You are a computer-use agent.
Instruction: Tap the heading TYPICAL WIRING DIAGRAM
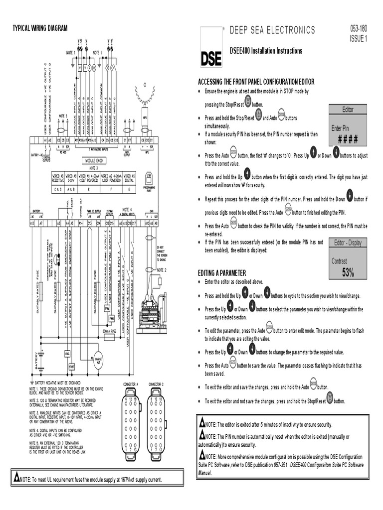40,28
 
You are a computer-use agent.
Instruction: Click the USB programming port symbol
149,177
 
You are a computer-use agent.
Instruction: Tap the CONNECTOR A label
130,384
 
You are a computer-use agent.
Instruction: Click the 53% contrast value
348,272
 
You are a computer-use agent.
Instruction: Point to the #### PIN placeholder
348,138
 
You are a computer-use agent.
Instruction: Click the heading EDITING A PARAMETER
222,273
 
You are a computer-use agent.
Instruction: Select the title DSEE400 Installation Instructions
266,51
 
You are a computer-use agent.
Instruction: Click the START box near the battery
72,367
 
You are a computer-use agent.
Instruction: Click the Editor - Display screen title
348,243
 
